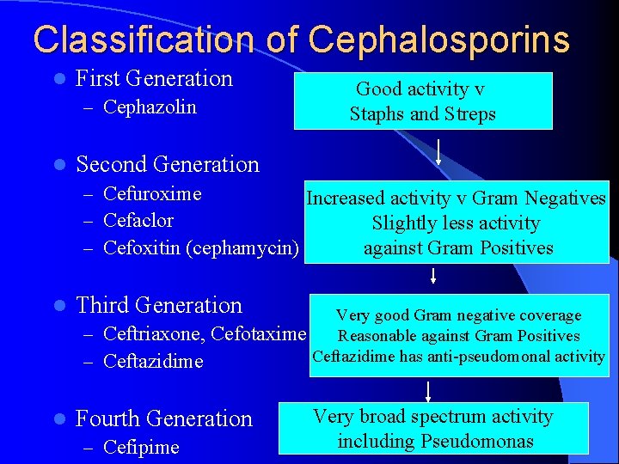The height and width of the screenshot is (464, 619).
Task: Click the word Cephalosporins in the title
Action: coord(438,40)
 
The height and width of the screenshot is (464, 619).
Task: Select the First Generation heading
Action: coord(154,78)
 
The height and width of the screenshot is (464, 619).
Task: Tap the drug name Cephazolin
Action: coord(150,107)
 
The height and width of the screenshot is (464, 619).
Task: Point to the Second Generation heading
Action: coord(167,164)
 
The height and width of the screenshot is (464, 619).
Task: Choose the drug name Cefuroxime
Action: coord(152,194)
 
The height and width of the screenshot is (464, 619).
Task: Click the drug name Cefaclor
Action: coord(138,221)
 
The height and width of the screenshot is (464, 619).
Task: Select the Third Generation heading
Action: coord(159,305)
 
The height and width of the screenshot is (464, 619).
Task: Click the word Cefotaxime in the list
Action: coord(258,333)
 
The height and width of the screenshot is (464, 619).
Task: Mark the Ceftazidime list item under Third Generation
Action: coord(153,362)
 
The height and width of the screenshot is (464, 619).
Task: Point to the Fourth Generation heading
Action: coord(164,418)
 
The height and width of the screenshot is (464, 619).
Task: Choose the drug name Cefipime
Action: coord(141,448)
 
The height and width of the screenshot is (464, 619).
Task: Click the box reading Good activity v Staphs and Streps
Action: coord(423,101)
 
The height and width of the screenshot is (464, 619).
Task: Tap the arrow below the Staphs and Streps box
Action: coord(439,153)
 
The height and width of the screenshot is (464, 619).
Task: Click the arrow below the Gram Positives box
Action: coord(433,276)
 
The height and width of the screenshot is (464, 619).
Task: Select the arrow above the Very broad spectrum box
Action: coord(427,390)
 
